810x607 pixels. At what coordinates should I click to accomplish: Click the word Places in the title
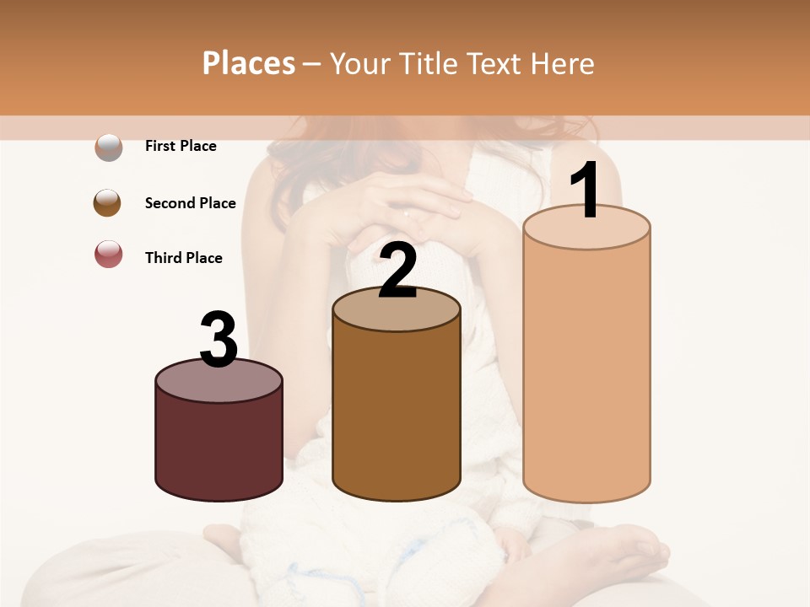(249, 63)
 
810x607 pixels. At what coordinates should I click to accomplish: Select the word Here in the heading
(563, 63)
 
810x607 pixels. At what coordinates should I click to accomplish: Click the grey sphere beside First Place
(108, 147)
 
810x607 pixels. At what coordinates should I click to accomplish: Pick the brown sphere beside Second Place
(108, 203)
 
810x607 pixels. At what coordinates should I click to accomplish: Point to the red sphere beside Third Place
(108, 255)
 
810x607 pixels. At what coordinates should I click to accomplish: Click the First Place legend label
(181, 146)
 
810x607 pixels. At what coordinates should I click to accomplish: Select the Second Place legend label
(190, 203)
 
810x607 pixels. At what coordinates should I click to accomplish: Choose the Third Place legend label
(184, 258)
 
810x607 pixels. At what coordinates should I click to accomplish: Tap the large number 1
(586, 192)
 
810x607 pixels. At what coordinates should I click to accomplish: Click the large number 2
(397, 271)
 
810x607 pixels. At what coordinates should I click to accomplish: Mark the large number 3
(219, 340)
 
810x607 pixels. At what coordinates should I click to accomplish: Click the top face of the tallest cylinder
(586, 228)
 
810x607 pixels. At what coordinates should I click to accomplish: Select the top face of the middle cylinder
(397, 309)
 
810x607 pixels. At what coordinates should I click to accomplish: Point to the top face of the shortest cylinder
(219, 381)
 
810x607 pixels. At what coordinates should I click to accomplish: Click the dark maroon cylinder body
(219, 447)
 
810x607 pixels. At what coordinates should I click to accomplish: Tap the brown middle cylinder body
(397, 413)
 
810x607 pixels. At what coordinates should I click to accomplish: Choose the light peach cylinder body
(586, 371)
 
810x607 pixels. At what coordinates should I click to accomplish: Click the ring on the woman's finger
(407, 212)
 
